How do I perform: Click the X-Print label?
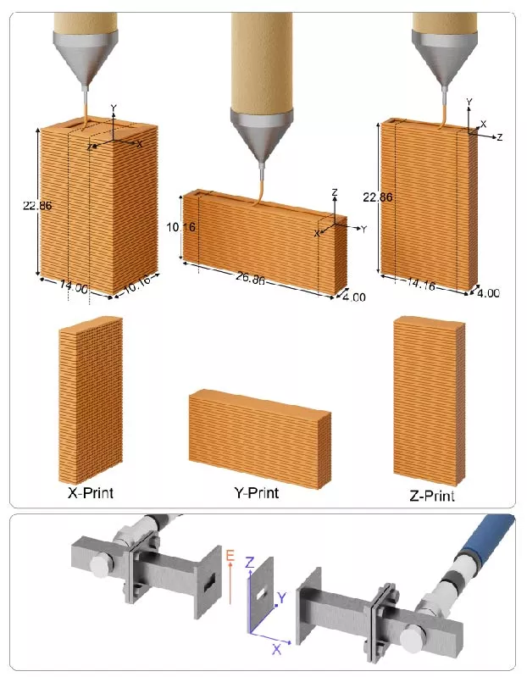[90, 492]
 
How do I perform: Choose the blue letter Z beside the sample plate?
[248, 563]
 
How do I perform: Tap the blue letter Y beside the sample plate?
[282, 598]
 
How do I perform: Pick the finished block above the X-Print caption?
[89, 398]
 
